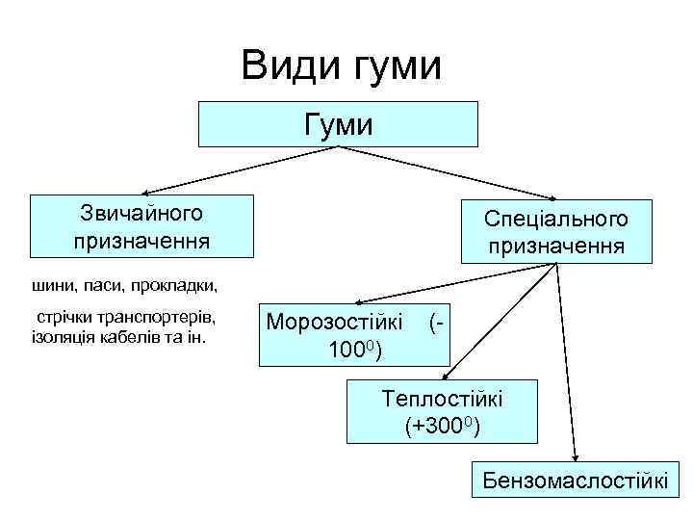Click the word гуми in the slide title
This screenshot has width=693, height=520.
tap(398, 68)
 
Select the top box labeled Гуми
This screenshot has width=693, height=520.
tap(337, 123)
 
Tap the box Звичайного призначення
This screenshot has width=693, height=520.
tap(141, 226)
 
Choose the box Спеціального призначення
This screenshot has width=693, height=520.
tap(556, 231)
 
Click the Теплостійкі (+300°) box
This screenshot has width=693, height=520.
tap(443, 411)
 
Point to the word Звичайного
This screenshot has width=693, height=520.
tap(142, 212)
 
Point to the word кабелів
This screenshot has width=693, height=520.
tap(141, 337)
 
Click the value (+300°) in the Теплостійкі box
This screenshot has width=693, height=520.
tap(443, 425)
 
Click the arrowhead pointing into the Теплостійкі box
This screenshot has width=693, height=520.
tap(445, 380)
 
